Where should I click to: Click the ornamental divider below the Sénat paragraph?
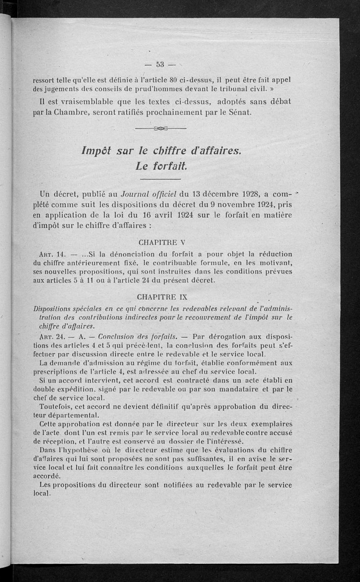[x=161, y=129]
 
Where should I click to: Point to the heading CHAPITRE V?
[x=163, y=243]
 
